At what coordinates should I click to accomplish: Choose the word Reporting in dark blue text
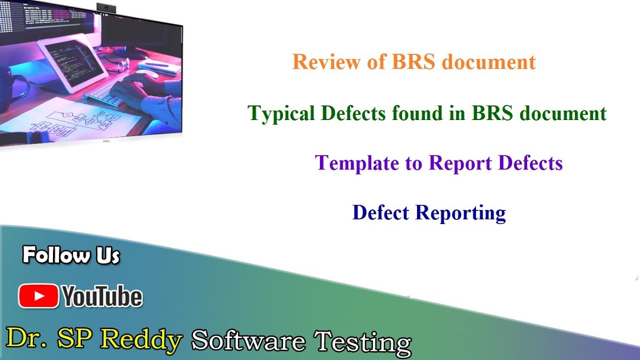pos(460,213)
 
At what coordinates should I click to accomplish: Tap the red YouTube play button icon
pos(38,296)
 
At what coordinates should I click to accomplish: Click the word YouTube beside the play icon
pos(102,297)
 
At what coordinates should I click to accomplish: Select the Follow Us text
pos(71,255)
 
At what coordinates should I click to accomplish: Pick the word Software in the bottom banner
pos(248,341)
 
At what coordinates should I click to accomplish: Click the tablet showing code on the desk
pos(72,62)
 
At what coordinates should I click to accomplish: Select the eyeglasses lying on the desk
pos(120,64)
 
